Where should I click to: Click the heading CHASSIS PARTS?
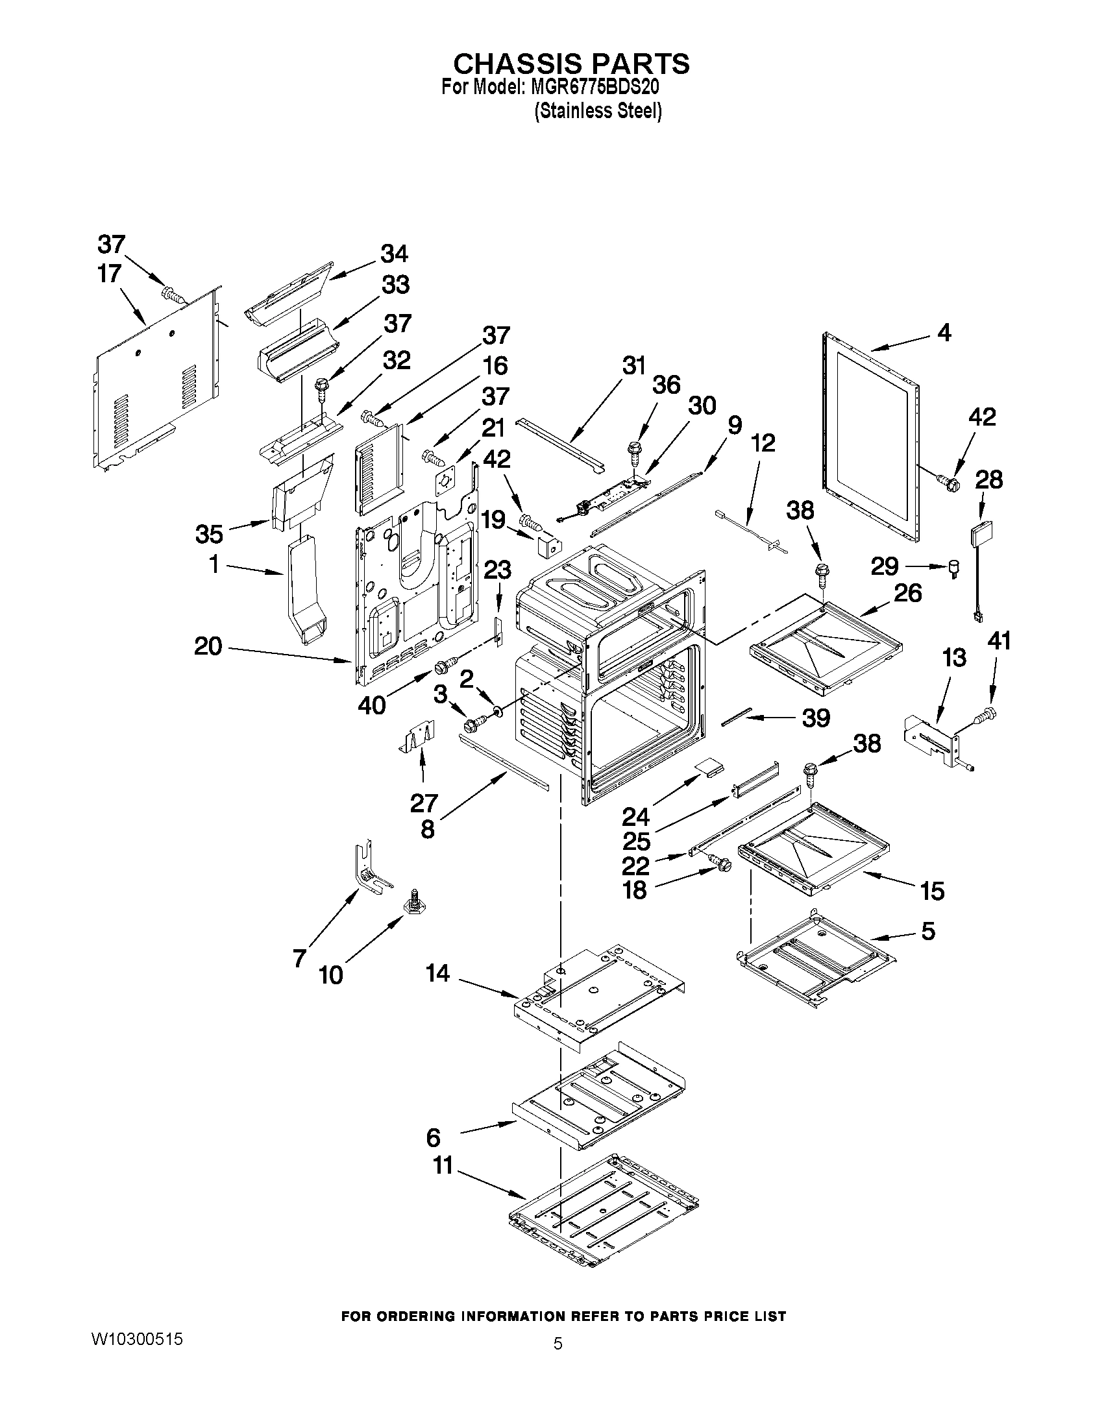(571, 64)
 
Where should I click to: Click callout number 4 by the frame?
(944, 333)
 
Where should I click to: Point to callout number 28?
(988, 480)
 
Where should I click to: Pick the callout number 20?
(208, 647)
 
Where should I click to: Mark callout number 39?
(816, 718)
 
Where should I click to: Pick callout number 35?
(209, 534)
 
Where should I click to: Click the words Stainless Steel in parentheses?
(598, 112)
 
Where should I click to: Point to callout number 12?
(763, 442)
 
